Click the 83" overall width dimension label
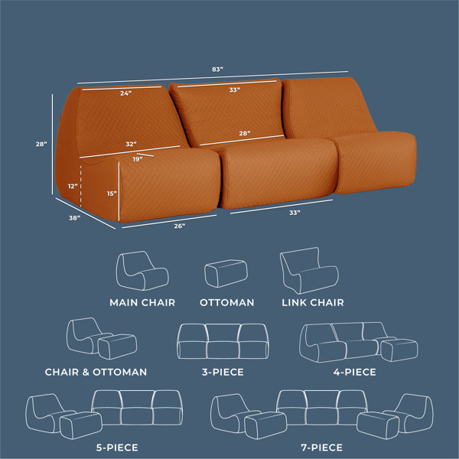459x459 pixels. pyautogui.click(x=217, y=70)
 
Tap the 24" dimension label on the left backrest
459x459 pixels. pyautogui.click(x=126, y=93)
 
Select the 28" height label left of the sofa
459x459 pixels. pyautogui.click(x=41, y=144)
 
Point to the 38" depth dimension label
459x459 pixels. pyautogui.click(x=74, y=218)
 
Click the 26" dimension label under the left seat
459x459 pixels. pyautogui.click(x=180, y=226)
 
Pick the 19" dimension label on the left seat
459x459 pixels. pyautogui.click(x=138, y=159)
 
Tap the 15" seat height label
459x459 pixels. pyautogui.click(x=112, y=194)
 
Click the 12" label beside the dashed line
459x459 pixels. pyautogui.click(x=73, y=186)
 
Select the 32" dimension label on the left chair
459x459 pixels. pyautogui.click(x=131, y=144)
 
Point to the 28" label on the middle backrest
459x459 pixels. pyautogui.click(x=245, y=133)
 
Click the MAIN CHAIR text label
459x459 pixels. pyautogui.click(x=142, y=303)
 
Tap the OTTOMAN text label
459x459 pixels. pyautogui.click(x=227, y=303)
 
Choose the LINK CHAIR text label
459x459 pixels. pyautogui.click(x=313, y=303)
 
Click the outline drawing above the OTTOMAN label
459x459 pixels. pyautogui.click(x=226, y=273)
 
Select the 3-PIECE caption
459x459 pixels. pyautogui.click(x=223, y=372)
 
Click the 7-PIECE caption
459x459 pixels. pyautogui.click(x=322, y=448)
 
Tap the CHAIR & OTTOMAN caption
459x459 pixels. pyautogui.click(x=96, y=372)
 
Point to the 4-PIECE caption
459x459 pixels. pyautogui.click(x=354, y=372)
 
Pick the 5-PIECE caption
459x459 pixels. pyautogui.click(x=117, y=448)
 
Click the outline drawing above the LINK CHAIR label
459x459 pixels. pyautogui.click(x=309, y=271)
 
